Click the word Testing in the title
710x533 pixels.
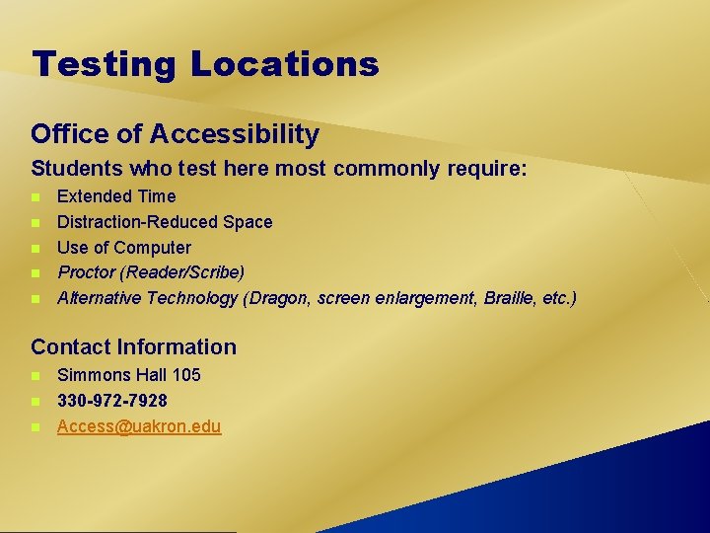(x=103, y=65)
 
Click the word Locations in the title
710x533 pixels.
(x=284, y=65)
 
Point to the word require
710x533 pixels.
(x=487, y=169)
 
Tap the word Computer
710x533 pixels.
(x=153, y=248)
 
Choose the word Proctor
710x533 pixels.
(x=86, y=272)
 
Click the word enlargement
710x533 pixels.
(x=425, y=298)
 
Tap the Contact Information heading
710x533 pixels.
(x=134, y=346)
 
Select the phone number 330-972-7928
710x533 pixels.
(x=112, y=401)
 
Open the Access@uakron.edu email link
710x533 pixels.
(x=139, y=426)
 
